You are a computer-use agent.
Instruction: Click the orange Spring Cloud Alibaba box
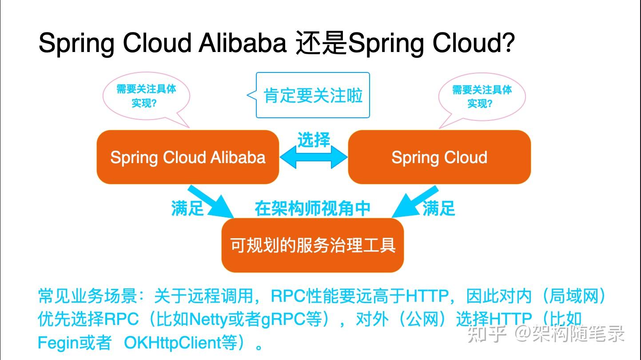(x=187, y=157)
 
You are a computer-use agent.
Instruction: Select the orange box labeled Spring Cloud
(x=439, y=157)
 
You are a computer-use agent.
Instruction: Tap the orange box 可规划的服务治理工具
(x=312, y=245)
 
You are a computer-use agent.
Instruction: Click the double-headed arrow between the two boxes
(x=314, y=157)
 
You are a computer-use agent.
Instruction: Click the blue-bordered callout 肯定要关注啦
(x=313, y=96)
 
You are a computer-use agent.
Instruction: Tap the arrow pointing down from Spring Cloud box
(x=414, y=202)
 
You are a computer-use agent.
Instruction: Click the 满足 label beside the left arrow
(x=187, y=208)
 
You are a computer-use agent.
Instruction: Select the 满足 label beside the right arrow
(x=439, y=208)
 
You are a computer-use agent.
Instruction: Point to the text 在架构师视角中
(x=312, y=208)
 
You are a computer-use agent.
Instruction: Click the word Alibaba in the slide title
(x=242, y=43)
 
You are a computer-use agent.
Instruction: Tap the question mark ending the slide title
(x=509, y=43)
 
